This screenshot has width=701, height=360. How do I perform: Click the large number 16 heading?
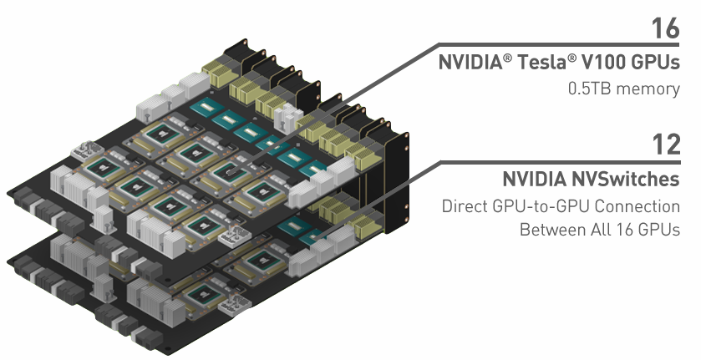click(x=666, y=28)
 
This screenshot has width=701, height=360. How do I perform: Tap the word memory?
click(x=650, y=87)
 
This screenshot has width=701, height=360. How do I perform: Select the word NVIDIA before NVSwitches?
click(x=535, y=180)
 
